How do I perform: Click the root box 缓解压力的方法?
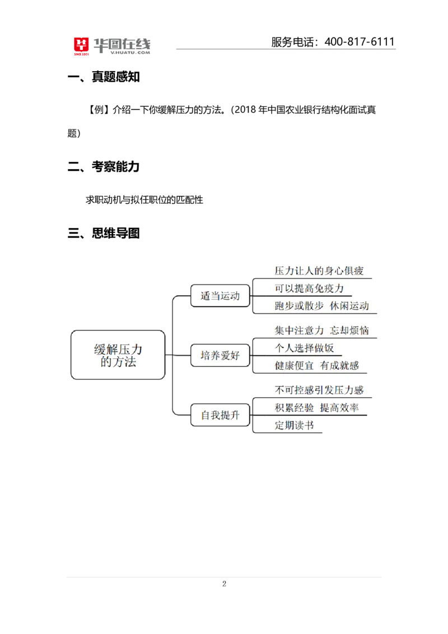point(118,355)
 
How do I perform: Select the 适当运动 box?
point(220,295)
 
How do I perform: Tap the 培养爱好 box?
point(220,355)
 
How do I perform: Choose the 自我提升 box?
point(220,415)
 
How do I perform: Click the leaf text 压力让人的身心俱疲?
point(319,271)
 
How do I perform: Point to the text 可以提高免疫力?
point(309,289)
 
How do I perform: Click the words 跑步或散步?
point(299,306)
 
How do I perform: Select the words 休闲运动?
point(349,306)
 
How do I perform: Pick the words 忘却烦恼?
point(349,330)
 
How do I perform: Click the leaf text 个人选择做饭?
point(304,348)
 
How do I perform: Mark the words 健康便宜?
point(294,366)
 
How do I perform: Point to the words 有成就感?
point(339,366)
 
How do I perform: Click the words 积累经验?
point(294,408)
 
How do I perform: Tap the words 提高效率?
point(339,408)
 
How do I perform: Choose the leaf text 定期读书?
point(294,425)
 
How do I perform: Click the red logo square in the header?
point(81,46)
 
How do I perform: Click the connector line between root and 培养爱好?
point(178,355)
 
